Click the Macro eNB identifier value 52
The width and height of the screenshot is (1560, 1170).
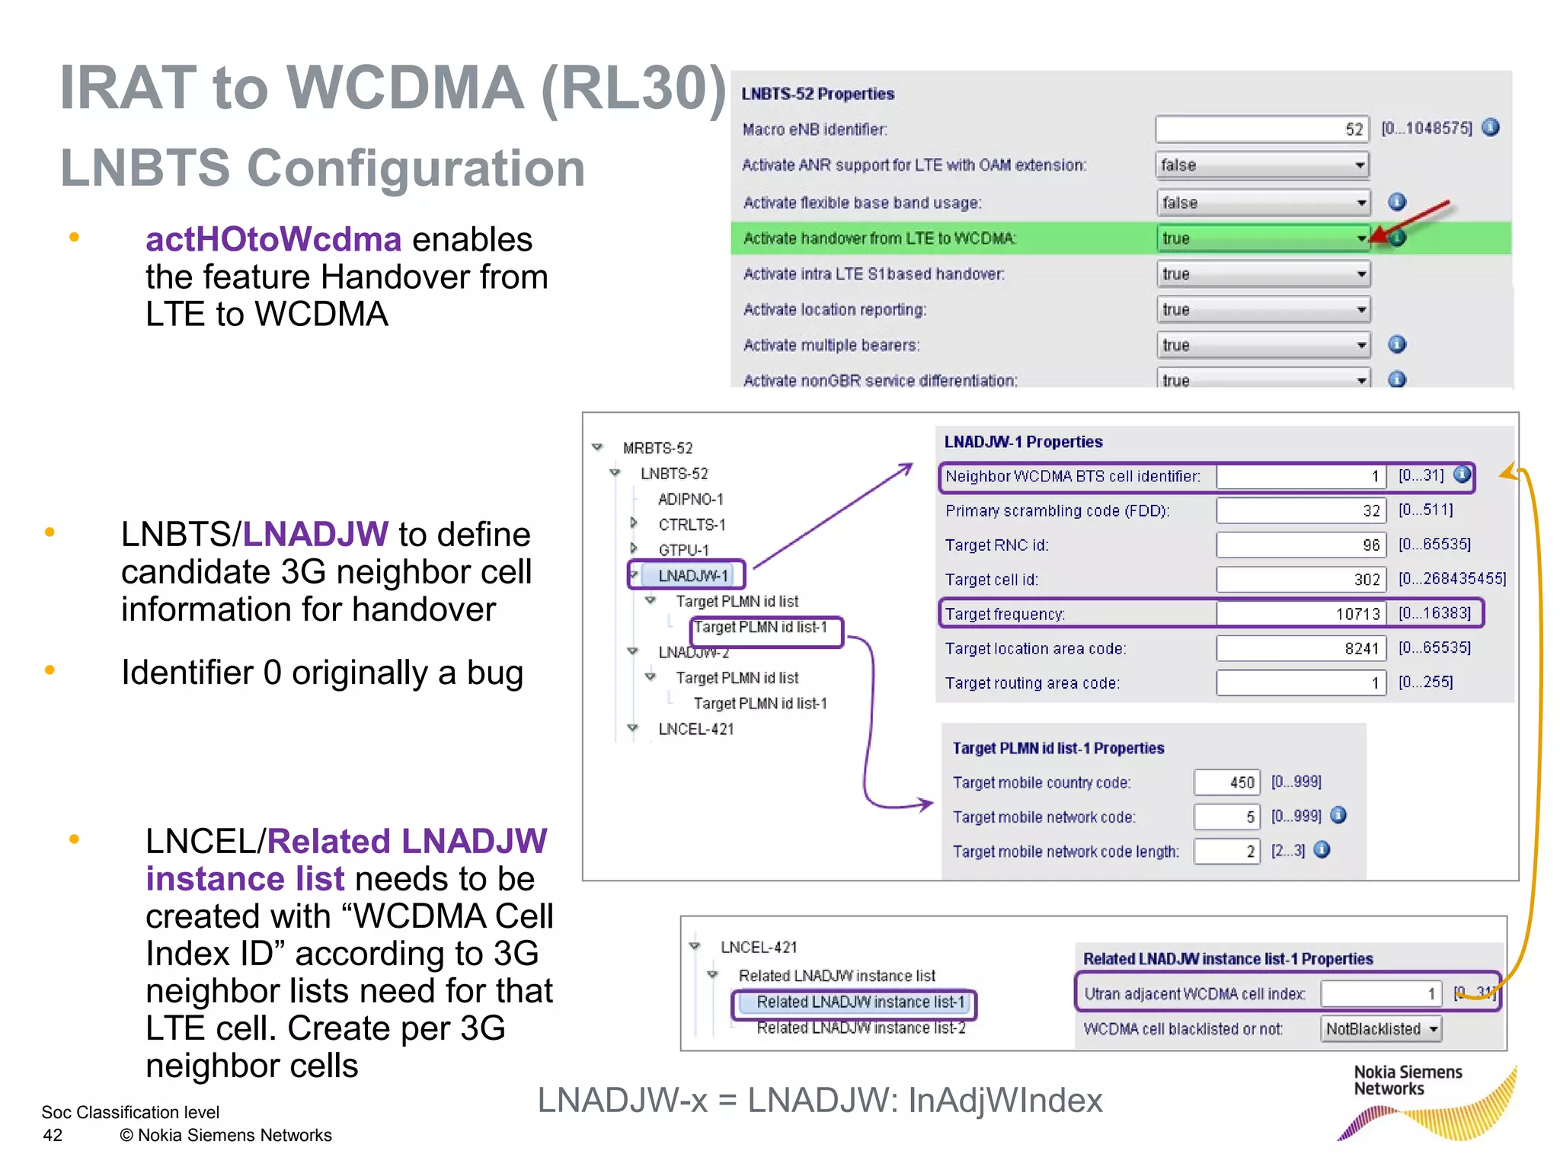click(1262, 129)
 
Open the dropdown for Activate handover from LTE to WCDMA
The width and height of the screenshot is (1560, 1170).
click(1361, 238)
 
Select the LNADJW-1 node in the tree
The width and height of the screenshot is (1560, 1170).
click(692, 575)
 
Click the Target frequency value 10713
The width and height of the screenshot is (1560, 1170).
click(1299, 614)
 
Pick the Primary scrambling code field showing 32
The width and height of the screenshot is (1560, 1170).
click(1299, 510)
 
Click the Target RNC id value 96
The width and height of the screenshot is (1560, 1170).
click(1299, 545)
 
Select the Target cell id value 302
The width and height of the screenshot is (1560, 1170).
click(1299, 580)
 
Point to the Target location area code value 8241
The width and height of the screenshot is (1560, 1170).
click(1299, 648)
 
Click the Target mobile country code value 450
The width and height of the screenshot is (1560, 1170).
click(1227, 782)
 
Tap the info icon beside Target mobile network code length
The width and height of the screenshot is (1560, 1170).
click(1322, 850)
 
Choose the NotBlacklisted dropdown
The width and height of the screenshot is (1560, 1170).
click(1380, 1029)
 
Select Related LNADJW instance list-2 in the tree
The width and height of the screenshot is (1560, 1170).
click(861, 1028)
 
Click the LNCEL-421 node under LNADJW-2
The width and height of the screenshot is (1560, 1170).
click(695, 729)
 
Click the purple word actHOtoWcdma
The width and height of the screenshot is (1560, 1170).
click(273, 240)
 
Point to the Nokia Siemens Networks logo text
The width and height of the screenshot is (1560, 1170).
click(1408, 1080)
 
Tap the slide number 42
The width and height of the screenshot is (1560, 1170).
click(53, 1135)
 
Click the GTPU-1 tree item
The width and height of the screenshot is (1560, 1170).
click(683, 550)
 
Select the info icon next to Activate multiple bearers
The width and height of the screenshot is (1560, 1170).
click(1397, 344)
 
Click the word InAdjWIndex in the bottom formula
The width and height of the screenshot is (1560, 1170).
click(1005, 1100)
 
